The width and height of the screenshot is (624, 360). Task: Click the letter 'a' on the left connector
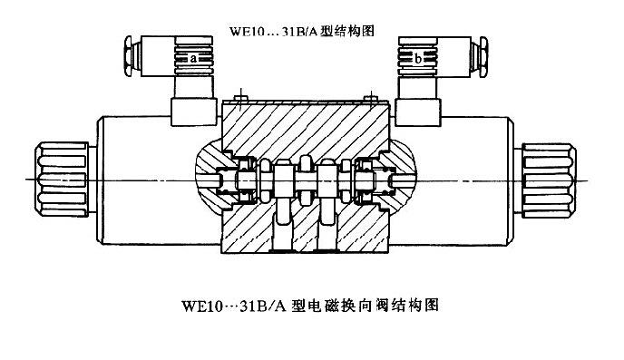point(194,58)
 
